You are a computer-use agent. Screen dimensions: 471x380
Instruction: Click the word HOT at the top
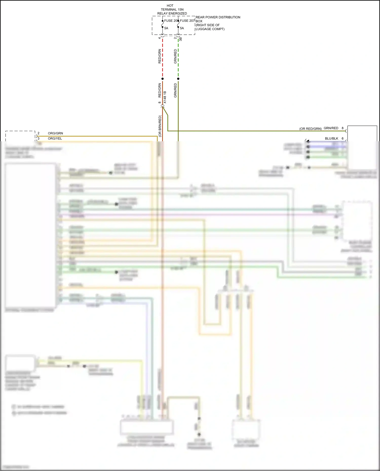[x=170, y=6]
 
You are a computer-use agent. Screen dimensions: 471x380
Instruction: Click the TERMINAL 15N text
[x=172, y=10]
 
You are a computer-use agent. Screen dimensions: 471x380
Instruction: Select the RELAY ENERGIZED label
[x=172, y=13]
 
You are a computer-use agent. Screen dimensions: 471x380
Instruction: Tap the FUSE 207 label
[x=187, y=21]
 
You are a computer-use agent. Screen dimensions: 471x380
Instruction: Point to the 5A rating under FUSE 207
[x=182, y=28]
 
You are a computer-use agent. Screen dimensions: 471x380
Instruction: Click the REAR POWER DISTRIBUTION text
[x=218, y=17]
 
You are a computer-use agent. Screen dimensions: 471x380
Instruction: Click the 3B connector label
[x=181, y=39]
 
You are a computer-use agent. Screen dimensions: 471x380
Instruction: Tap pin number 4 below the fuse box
[x=160, y=38]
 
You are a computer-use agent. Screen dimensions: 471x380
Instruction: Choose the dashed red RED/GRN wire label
[x=160, y=56]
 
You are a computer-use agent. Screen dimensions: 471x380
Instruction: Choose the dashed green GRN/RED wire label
[x=175, y=56]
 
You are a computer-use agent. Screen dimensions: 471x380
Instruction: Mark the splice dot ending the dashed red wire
[x=163, y=79]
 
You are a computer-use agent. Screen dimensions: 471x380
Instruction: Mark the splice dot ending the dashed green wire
[x=178, y=79]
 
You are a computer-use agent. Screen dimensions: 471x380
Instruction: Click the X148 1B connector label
[x=165, y=97]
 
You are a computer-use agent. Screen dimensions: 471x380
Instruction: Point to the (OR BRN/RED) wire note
[x=160, y=126]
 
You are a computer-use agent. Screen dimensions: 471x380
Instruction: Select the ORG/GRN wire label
[x=55, y=133]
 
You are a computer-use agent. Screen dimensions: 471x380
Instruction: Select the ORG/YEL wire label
[x=55, y=138]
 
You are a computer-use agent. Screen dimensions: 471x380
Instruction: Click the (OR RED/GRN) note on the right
[x=310, y=129]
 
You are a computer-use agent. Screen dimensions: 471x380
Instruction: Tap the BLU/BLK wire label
[x=331, y=138]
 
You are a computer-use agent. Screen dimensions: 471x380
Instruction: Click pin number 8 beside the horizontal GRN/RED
[x=343, y=128]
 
